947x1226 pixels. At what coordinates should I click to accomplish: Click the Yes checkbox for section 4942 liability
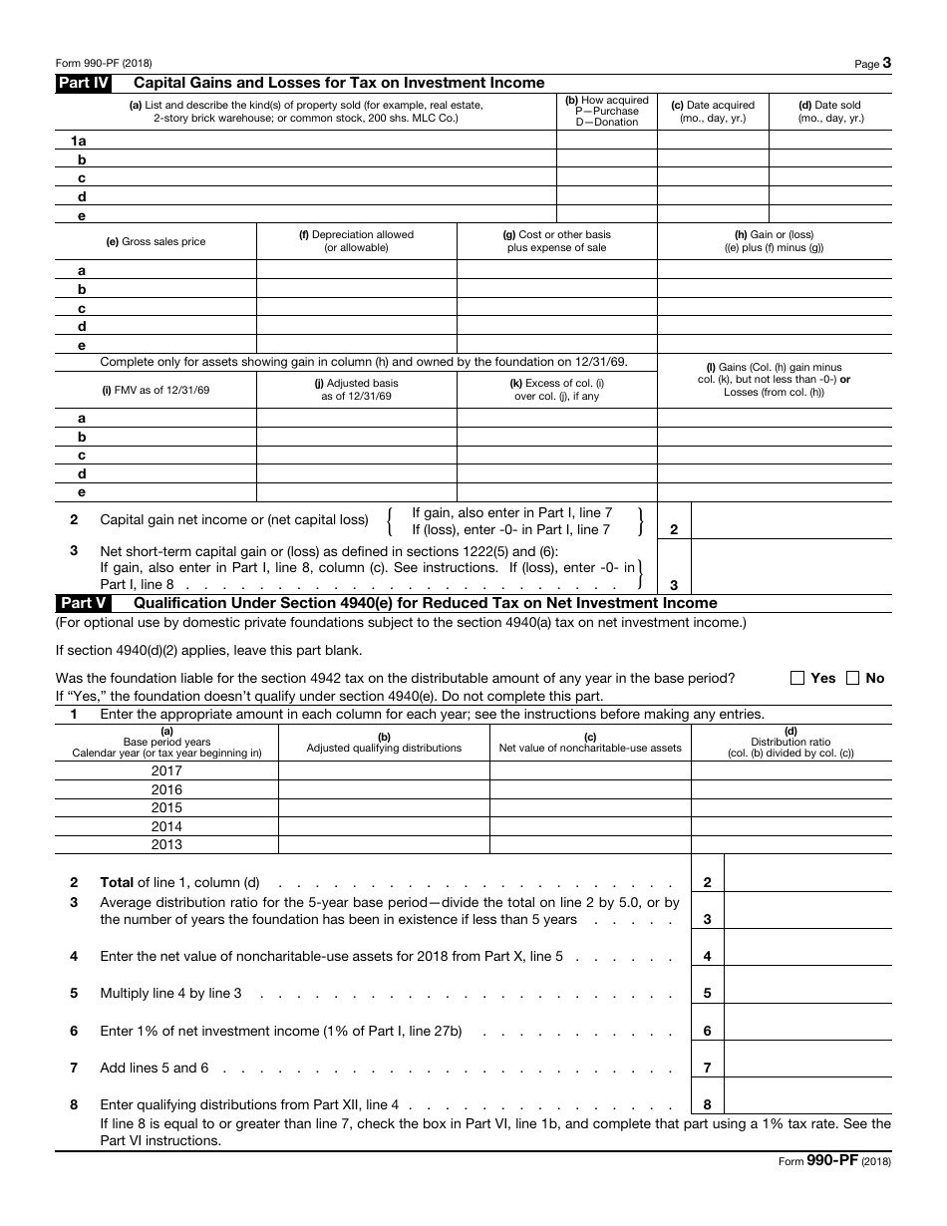point(797,678)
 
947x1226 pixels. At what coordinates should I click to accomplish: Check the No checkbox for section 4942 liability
point(852,678)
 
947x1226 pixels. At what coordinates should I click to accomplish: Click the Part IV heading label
point(83,83)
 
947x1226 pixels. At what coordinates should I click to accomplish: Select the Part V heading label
point(83,603)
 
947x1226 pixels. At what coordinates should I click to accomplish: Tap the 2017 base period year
point(166,770)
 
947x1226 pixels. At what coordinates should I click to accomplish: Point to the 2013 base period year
point(166,844)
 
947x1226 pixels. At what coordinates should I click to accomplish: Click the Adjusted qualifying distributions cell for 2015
point(384,807)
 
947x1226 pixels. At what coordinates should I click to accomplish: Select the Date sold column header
point(830,111)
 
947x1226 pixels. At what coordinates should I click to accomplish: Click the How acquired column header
point(606,111)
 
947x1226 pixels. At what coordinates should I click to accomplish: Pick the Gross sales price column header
point(156,242)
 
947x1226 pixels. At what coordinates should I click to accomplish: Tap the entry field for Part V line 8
point(807,1103)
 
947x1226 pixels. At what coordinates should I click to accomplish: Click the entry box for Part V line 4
point(807,956)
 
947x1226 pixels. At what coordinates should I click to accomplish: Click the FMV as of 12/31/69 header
point(156,390)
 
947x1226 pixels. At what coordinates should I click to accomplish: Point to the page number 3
point(886,63)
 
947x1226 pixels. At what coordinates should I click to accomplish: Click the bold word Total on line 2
point(117,882)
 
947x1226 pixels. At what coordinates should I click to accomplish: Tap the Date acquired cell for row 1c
point(713,177)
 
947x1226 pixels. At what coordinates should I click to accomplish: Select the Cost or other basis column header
point(556,241)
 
